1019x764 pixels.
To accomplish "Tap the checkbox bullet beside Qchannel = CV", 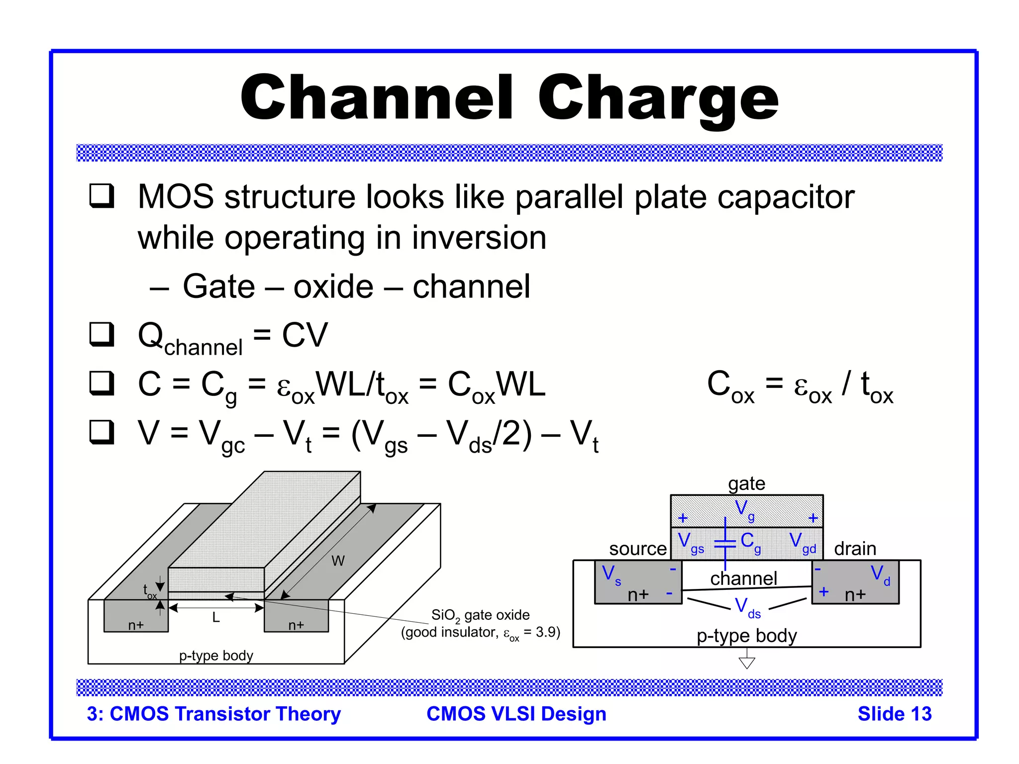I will (102, 334).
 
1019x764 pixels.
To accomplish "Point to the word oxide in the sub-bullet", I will (333, 287).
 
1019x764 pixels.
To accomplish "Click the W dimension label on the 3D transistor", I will (338, 561).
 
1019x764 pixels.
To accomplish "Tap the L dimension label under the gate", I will (216, 618).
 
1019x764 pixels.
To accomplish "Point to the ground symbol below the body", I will (747, 662).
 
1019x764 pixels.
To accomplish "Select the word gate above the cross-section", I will (746, 483).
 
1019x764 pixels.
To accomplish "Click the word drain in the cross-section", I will (855, 549).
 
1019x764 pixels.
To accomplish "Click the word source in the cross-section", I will (637, 549).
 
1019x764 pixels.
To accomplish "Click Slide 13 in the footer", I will (894, 714).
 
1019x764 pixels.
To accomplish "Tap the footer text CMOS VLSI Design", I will (516, 714).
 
